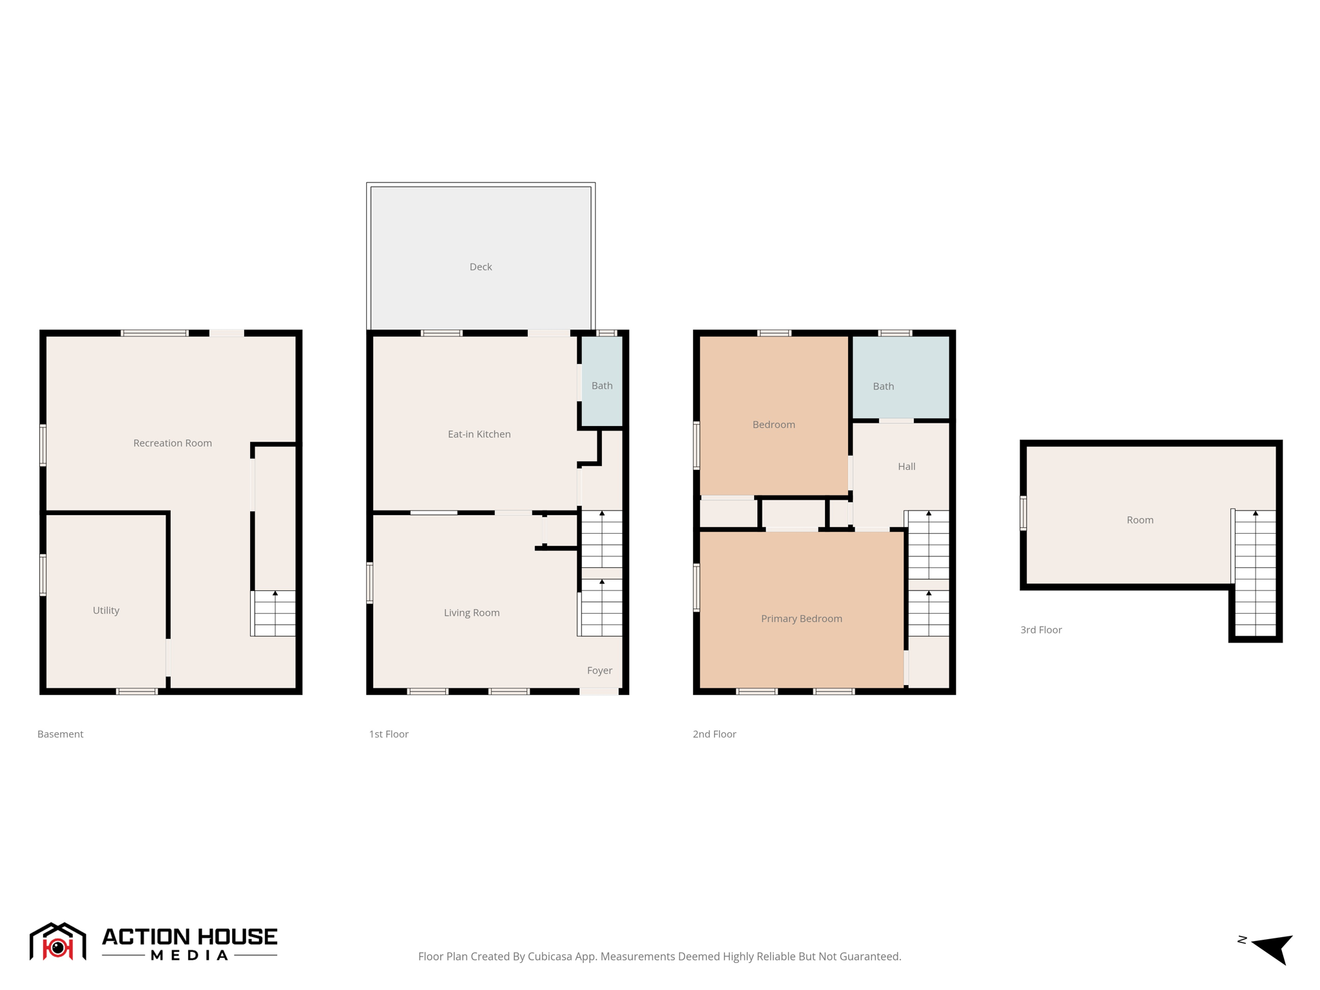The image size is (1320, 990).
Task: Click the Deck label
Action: [480, 267]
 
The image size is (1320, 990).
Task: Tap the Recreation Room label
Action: [172, 443]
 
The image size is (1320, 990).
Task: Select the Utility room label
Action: [106, 610]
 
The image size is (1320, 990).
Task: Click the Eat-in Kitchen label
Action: [479, 434]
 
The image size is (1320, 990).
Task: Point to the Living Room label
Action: [471, 613]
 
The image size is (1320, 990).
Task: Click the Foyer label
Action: [599, 670]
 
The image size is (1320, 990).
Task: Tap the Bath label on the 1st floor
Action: [602, 385]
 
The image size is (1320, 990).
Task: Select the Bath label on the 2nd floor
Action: [883, 386]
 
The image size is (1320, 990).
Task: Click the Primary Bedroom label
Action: [801, 619]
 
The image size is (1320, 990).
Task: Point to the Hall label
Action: [906, 467]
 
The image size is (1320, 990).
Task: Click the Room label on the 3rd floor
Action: [1140, 520]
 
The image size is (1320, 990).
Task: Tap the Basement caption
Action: [60, 734]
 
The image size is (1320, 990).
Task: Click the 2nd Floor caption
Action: [714, 734]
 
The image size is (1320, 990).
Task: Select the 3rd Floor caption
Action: [1040, 630]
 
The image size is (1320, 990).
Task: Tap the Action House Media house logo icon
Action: [57, 942]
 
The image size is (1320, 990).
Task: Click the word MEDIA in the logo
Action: [189, 955]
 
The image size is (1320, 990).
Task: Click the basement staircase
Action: [275, 613]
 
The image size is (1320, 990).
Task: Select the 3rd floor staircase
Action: [1255, 573]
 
